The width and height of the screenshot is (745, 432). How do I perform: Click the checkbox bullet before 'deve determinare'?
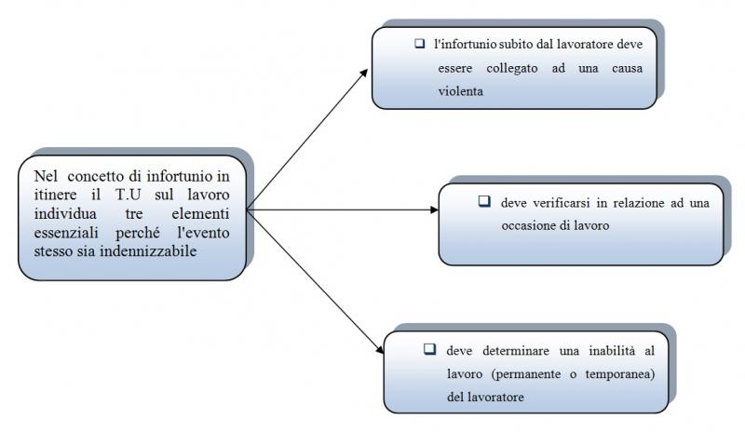tap(430, 349)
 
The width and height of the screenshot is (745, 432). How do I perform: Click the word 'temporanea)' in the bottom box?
tap(619, 374)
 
